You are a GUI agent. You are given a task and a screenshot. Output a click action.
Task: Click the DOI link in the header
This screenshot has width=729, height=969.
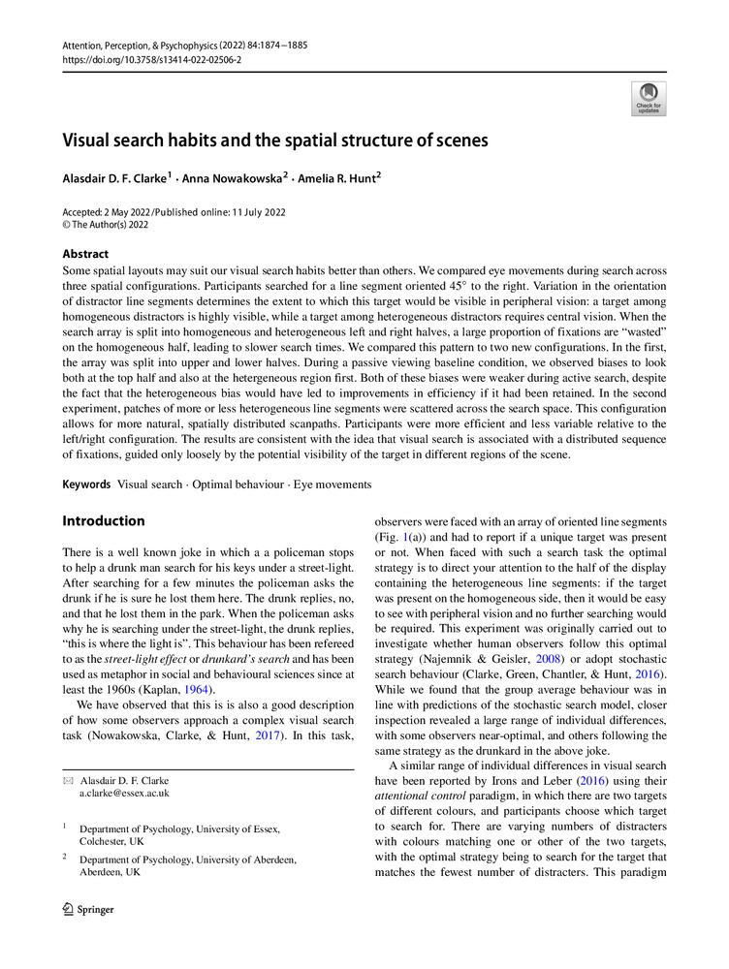point(152,59)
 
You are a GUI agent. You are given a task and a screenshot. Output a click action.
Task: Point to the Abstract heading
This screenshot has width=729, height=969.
point(85,253)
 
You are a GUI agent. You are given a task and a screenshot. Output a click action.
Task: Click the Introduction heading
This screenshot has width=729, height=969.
point(104,521)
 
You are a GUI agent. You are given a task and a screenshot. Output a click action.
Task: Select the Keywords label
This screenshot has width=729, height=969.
point(86,484)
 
